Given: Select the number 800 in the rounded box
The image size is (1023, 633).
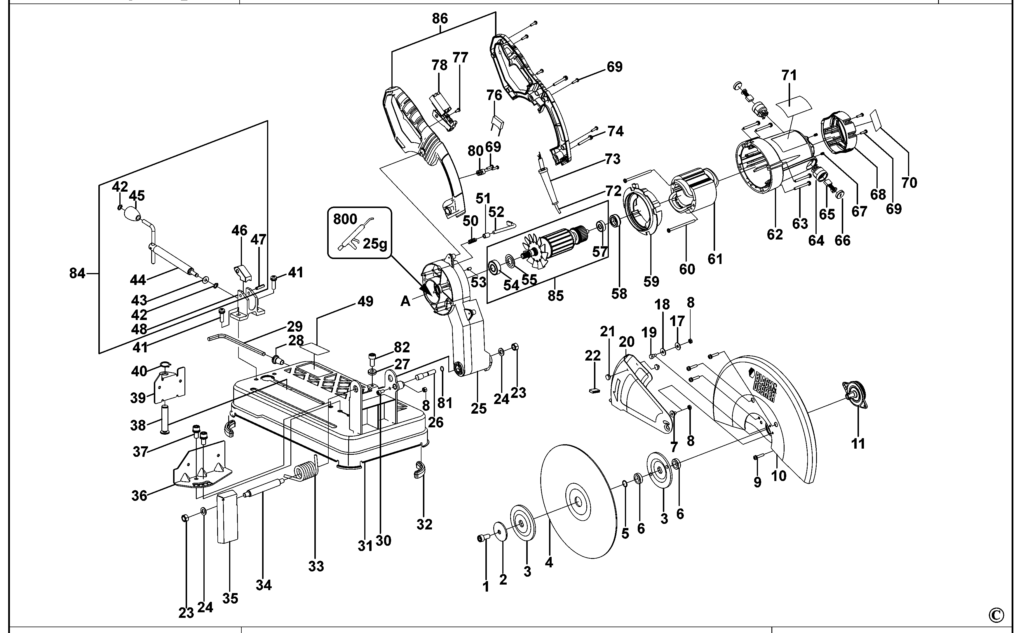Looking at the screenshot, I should [345, 219].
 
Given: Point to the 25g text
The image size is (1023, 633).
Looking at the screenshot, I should [375, 243].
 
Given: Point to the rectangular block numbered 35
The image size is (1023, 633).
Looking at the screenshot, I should [227, 517].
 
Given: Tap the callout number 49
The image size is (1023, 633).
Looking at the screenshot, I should [365, 301].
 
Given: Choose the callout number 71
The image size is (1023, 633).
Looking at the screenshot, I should [789, 75].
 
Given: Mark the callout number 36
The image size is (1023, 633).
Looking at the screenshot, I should [140, 496].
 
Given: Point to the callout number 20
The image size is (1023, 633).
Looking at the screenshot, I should [626, 342].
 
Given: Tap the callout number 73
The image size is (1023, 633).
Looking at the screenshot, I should [613, 159].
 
